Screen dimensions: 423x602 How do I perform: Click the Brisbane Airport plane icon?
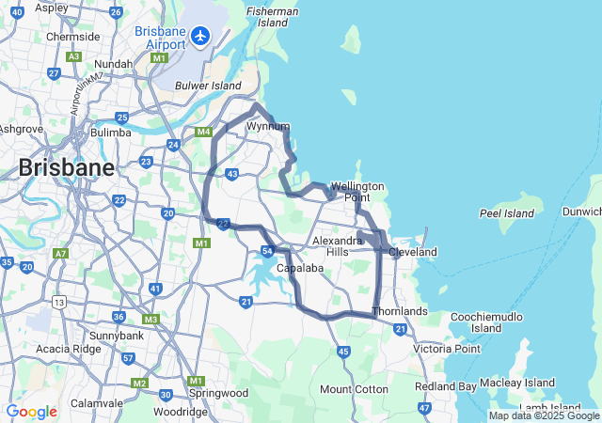coord(199,36)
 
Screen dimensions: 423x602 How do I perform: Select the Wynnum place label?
coord(267,125)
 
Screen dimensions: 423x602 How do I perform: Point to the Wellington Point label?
coord(356,192)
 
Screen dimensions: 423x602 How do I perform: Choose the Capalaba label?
coord(301,268)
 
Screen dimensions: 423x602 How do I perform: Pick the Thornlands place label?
coord(400,311)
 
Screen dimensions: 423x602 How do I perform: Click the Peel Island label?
coord(507,213)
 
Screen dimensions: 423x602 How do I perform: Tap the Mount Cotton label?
coord(354,389)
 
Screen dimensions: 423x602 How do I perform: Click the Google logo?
coord(31,412)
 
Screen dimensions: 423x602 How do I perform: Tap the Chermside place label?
coord(72,37)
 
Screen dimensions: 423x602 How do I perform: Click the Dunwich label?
coord(584,212)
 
